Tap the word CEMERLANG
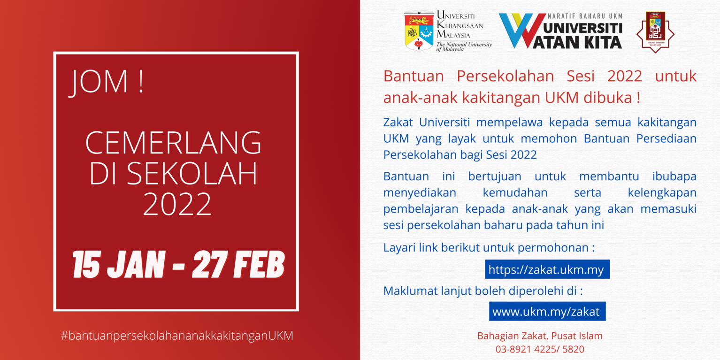[174, 143]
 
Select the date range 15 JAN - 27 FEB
[179, 265]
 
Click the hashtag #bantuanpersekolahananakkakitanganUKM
[177, 336]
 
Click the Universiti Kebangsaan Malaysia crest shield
[419, 31]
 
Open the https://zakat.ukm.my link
[547, 269]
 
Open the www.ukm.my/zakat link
[547, 312]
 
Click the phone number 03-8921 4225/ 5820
[540, 349]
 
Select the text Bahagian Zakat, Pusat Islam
[540, 336]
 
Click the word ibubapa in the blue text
[674, 176]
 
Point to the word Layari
[399, 248]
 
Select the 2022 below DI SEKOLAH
[177, 205]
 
